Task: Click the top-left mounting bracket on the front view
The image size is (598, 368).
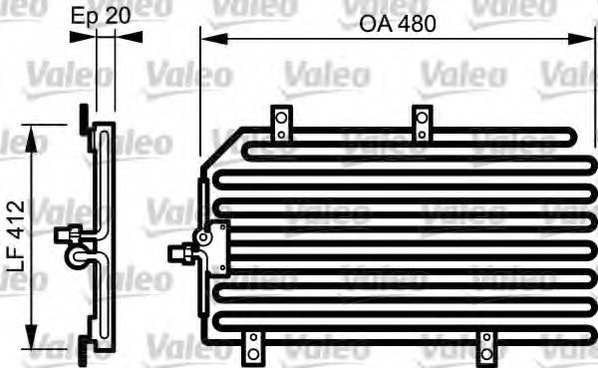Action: pos(282,122)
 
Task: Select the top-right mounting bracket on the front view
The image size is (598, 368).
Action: pos(423,122)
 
